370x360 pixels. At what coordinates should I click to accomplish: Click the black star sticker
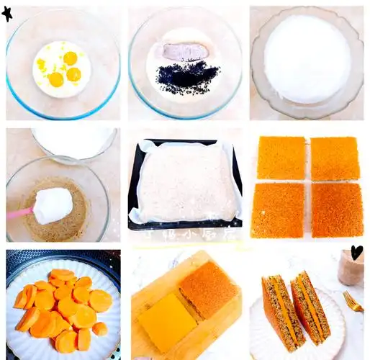tap(8, 14)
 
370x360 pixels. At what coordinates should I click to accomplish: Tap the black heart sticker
tap(356, 252)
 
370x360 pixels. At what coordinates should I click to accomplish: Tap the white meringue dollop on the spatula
tap(53, 205)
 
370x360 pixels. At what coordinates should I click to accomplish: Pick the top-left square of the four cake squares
tap(281, 158)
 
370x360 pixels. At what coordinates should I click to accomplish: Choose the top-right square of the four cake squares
tap(335, 158)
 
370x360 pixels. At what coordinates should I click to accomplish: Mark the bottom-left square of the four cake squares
tap(277, 210)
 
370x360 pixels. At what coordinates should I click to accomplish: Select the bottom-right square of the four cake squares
tap(336, 210)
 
